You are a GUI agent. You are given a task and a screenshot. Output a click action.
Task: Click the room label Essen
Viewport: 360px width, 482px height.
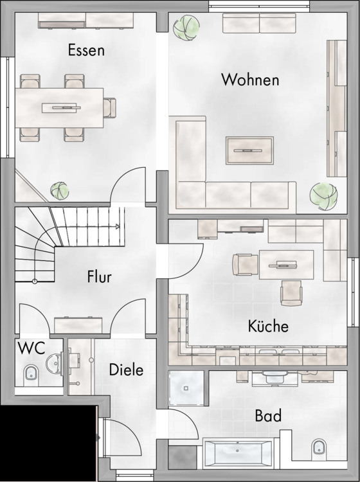(86, 50)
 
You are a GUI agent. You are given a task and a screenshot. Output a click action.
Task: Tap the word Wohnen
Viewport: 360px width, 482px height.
(250, 80)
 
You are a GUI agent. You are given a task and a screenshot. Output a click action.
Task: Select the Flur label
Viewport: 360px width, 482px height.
(99, 276)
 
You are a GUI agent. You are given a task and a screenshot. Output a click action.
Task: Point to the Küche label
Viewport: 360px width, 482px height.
(268, 326)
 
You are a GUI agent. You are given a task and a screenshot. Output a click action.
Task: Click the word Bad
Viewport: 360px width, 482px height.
(268, 416)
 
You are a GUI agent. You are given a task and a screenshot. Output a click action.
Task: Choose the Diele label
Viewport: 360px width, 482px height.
(127, 370)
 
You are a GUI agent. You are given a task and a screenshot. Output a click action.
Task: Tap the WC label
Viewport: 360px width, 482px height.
(32, 348)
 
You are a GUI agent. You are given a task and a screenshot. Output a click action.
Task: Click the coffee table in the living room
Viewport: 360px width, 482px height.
(249, 150)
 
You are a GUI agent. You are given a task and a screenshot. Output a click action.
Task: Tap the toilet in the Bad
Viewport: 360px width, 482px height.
(319, 447)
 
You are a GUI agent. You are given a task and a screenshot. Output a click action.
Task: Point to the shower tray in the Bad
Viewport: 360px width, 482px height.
(186, 388)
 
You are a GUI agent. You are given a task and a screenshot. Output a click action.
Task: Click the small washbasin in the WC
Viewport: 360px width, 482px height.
(54, 363)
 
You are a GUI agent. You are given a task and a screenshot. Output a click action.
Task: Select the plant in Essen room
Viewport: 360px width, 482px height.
(59, 191)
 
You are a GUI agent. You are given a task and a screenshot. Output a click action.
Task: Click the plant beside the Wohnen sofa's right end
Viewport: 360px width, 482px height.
(323, 197)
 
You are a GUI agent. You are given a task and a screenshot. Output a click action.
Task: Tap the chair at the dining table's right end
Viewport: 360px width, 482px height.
(109, 107)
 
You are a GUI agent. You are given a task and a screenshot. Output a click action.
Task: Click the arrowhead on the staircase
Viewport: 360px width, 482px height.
(118, 227)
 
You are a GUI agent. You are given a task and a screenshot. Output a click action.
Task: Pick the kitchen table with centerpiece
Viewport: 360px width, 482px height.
(286, 265)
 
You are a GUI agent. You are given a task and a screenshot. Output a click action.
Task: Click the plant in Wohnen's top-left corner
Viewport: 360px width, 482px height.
(186, 28)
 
